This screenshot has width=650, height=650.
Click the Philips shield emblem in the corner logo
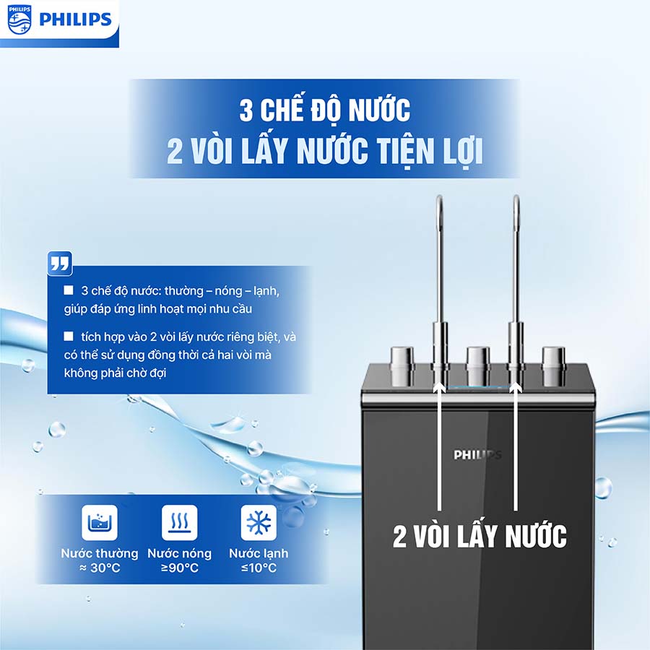click(x=19, y=19)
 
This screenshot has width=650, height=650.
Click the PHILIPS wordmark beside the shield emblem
click(x=75, y=19)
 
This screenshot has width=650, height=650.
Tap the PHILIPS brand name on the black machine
click(x=477, y=455)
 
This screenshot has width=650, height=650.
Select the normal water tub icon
click(x=100, y=523)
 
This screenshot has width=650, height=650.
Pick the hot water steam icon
click(x=180, y=523)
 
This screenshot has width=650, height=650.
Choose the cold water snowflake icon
click(x=259, y=523)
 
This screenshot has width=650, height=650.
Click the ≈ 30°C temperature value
click(x=100, y=568)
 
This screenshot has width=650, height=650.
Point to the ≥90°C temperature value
click(x=180, y=568)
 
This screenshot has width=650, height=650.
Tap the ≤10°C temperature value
click(x=259, y=568)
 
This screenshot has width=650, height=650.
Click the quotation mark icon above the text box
click(x=60, y=263)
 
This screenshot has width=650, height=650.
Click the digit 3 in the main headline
click(x=246, y=110)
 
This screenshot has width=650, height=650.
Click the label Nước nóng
click(x=180, y=553)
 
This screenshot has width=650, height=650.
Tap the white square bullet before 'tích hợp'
click(x=69, y=336)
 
